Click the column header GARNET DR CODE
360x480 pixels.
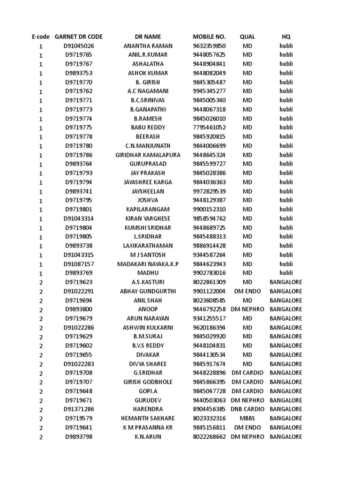79,37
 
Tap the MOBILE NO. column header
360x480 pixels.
209,37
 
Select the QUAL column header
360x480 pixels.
247,37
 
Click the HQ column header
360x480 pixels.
286,37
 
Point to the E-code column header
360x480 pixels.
40,37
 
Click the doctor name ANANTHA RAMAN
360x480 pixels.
148,46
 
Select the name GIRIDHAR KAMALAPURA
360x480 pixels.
148,155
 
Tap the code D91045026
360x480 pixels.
79,46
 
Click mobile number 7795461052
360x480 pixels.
209,127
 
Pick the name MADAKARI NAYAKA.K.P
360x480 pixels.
148,264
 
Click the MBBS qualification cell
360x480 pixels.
247,418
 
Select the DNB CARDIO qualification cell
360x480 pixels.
247,409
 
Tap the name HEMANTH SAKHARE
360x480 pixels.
148,418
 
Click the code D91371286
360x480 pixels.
79,409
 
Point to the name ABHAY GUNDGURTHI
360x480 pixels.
148,291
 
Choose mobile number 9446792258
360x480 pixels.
209,309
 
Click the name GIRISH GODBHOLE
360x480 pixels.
148,382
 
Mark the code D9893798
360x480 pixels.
79,436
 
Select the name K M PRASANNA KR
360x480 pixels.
148,427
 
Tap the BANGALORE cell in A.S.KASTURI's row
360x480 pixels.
286,282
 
